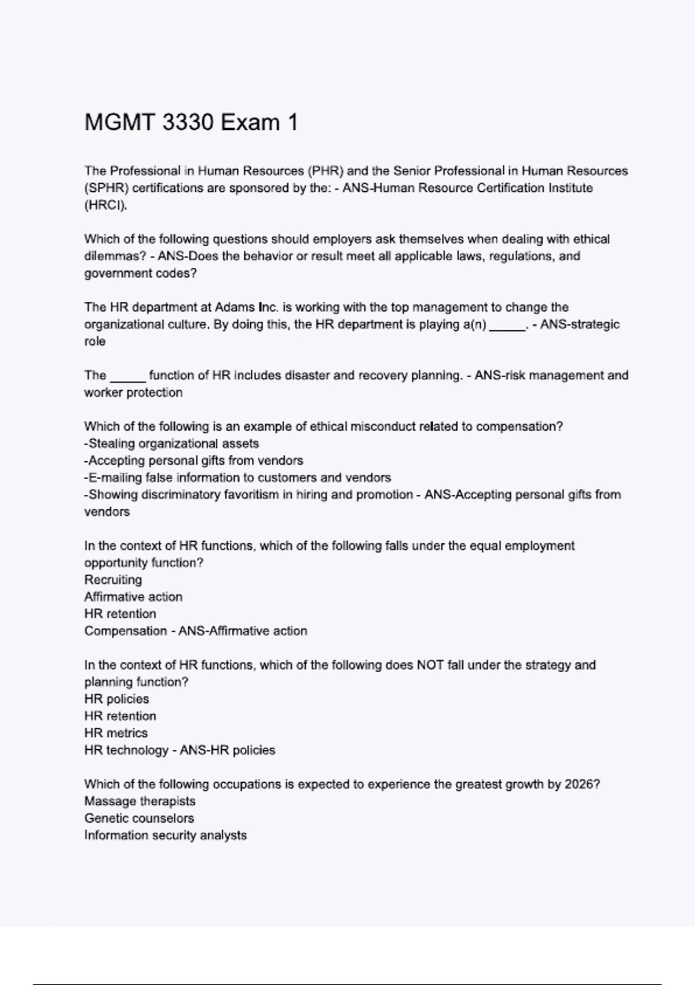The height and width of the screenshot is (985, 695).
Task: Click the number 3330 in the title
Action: pyautogui.click(x=188, y=123)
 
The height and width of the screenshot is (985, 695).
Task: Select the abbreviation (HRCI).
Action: pyautogui.click(x=105, y=205)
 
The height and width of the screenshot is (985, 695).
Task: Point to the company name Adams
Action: pyautogui.click(x=230, y=307)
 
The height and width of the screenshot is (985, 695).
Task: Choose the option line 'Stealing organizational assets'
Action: pyautogui.click(x=172, y=444)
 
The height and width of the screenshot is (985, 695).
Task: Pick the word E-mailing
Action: pyautogui.click(x=115, y=478)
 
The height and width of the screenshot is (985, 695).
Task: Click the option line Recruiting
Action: pyautogui.click(x=113, y=580)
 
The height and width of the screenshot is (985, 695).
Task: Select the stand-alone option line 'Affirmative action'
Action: pyautogui.click(x=133, y=597)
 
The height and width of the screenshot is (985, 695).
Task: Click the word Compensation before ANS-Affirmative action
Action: pyautogui.click(x=125, y=631)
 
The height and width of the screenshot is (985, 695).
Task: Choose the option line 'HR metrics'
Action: pyautogui.click(x=116, y=733)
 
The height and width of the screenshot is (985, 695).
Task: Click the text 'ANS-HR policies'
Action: pyautogui.click(x=228, y=750)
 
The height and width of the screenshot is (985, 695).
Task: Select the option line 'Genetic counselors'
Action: pyautogui.click(x=139, y=818)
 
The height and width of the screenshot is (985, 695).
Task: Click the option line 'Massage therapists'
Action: pyautogui.click(x=140, y=801)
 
